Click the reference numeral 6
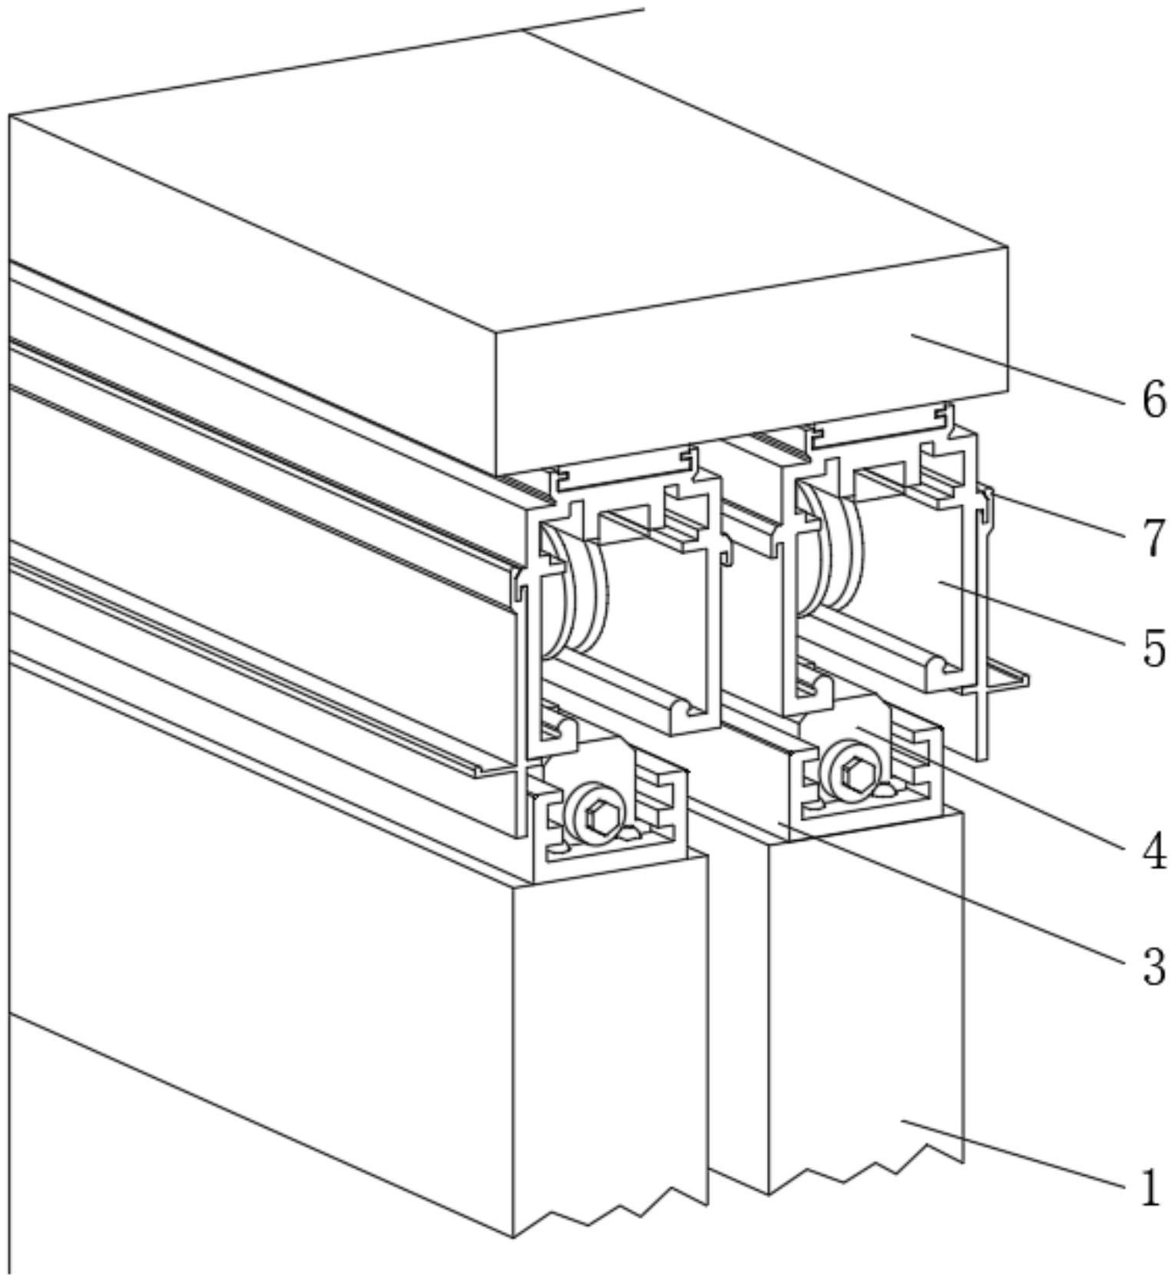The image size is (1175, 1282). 1153,400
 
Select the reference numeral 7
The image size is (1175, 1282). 1153,537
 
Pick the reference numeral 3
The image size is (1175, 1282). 1153,966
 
